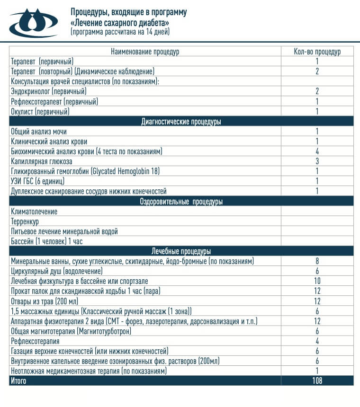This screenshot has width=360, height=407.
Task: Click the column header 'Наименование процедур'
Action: coord(145,52)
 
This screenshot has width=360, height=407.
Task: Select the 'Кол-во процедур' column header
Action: coord(317,52)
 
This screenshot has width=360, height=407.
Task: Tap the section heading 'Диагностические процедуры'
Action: coord(181,122)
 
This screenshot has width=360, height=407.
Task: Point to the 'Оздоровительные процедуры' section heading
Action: coord(181,202)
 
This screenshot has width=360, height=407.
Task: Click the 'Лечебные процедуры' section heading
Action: coord(181,251)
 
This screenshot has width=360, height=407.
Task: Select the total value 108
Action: coord(317,380)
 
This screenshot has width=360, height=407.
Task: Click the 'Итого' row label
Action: coord(18,380)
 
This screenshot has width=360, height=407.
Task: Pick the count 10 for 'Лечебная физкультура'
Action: coord(317,281)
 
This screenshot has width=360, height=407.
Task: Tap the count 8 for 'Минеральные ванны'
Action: coord(317,261)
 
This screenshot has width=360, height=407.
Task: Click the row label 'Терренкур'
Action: coord(25,221)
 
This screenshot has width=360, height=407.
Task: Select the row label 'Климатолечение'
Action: coord(34,212)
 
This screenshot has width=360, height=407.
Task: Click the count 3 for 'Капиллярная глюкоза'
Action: coord(317,161)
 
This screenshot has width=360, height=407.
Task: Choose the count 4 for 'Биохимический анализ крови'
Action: coord(317,151)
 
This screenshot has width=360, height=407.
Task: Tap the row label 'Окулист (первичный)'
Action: coord(40,112)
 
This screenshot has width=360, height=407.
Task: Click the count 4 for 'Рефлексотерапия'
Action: coord(317,341)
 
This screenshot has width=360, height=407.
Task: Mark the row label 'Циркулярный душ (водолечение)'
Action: coord(57,271)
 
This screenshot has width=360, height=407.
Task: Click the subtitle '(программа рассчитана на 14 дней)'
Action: coord(120,32)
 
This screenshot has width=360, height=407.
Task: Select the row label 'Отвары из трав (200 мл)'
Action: coord(45,301)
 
